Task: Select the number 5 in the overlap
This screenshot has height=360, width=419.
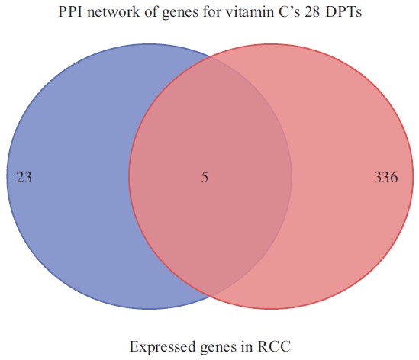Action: [x=205, y=177]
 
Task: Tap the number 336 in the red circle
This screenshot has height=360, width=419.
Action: [x=386, y=177]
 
